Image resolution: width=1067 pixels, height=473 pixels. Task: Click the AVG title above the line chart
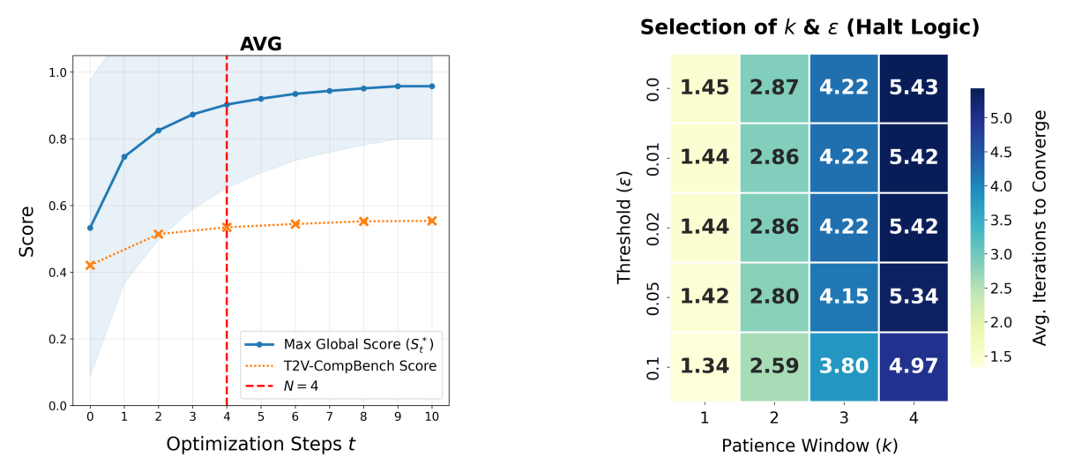coord(261,44)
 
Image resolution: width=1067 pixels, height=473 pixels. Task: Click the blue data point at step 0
coord(90,228)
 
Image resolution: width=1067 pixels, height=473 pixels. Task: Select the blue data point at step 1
coord(124,157)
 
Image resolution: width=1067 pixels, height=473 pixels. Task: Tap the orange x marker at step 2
coord(159,234)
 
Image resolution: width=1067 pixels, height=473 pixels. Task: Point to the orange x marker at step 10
coord(432,221)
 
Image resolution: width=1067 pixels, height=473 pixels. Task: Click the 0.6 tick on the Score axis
coord(58,206)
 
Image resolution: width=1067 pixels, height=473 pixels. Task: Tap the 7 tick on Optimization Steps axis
coord(329,416)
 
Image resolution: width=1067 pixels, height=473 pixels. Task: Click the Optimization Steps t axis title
coord(261,445)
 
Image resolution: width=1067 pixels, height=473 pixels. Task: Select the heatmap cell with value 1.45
coord(705,88)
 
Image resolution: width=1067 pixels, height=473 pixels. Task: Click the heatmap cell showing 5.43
coord(913,88)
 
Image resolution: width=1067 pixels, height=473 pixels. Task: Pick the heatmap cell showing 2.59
coord(774,366)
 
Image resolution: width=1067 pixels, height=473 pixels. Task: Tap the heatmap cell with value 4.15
coord(844,297)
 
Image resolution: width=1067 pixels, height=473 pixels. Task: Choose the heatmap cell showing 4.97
coord(913,366)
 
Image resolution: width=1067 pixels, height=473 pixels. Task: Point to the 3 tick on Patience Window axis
coord(844,417)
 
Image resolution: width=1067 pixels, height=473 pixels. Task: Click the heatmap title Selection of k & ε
coord(810,27)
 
